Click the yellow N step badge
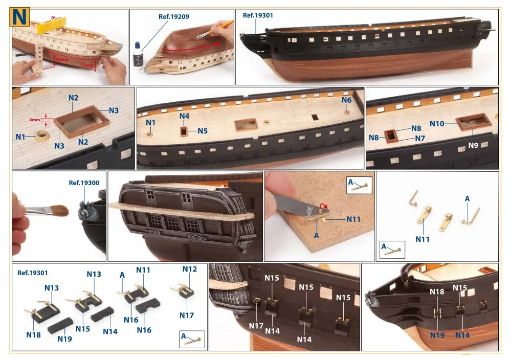pos(19,16)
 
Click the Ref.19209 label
pos(174,16)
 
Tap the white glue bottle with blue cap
pos(138,56)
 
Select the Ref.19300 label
pos(84,183)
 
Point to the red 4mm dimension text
pos(34,120)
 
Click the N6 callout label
pos(346,100)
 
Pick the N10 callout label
pos(437,124)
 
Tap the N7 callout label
pos(419,139)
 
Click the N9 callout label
pos(473,145)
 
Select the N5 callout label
pos(202,131)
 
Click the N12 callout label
pos(190,269)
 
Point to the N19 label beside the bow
pos(437,335)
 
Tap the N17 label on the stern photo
pos(256,326)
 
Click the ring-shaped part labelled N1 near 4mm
pos(42,136)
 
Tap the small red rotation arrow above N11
pos(324,206)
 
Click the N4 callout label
pos(185,116)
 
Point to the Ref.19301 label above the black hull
pos(258,15)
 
